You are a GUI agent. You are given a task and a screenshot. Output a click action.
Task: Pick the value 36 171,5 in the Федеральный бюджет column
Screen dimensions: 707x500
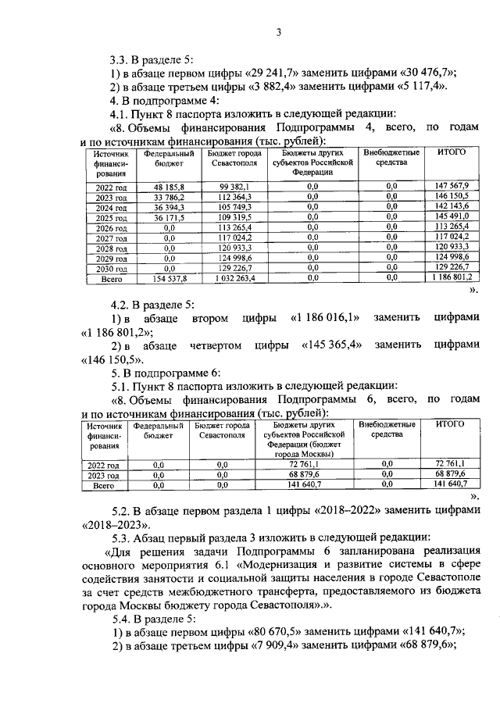[164, 216]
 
